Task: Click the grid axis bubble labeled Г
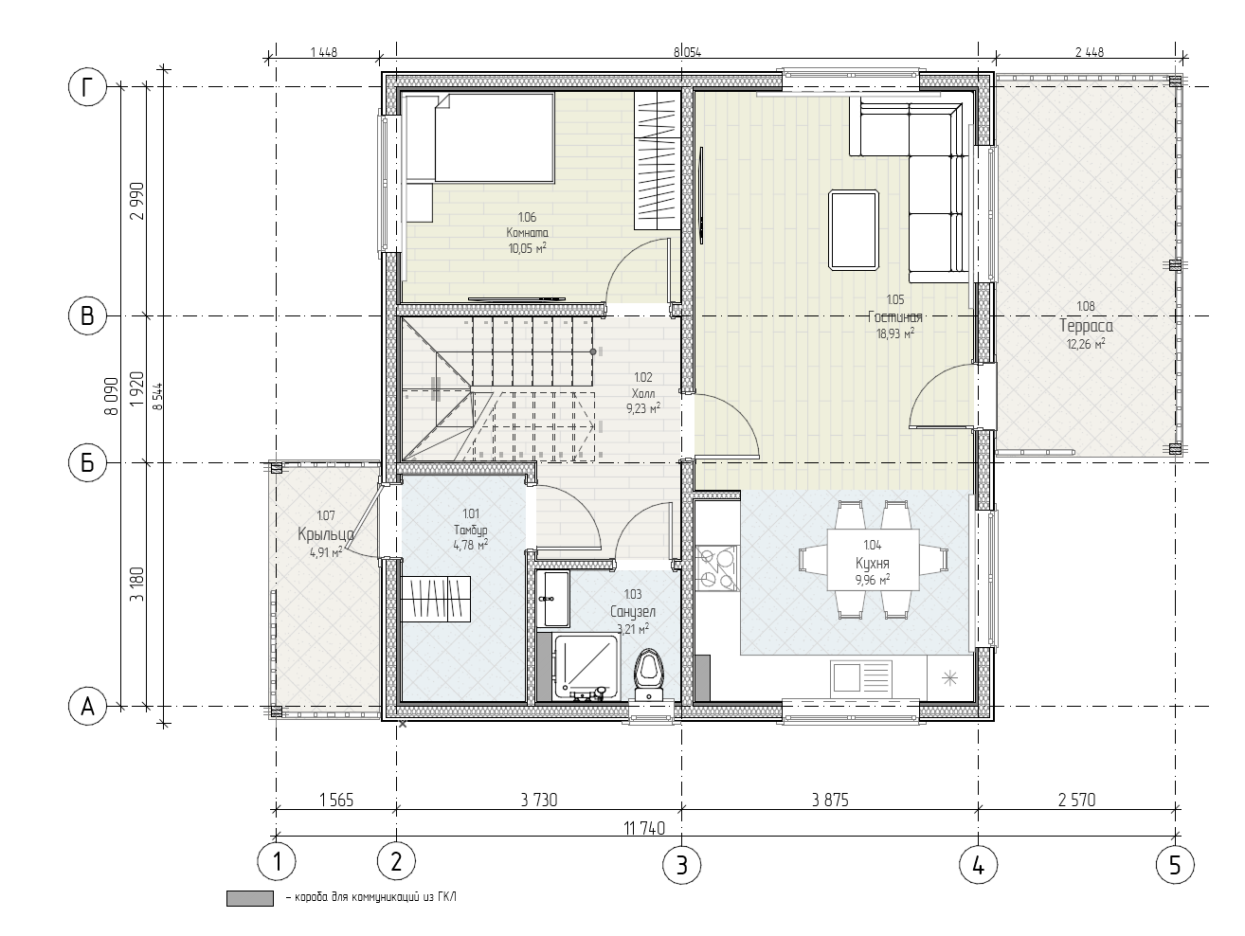87,87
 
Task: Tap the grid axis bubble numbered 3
682,866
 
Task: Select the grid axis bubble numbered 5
1175,866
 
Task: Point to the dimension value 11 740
644,828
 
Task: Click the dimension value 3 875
830,800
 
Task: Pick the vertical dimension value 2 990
137,201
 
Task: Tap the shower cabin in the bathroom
586,667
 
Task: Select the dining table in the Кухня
873,560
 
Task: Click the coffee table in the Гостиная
854,229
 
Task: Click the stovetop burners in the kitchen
717,567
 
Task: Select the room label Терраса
1086,326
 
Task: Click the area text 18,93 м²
895,333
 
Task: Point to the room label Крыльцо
326,534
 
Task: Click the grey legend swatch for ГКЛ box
250,899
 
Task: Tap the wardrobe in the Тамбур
437,600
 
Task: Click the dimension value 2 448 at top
1090,53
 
